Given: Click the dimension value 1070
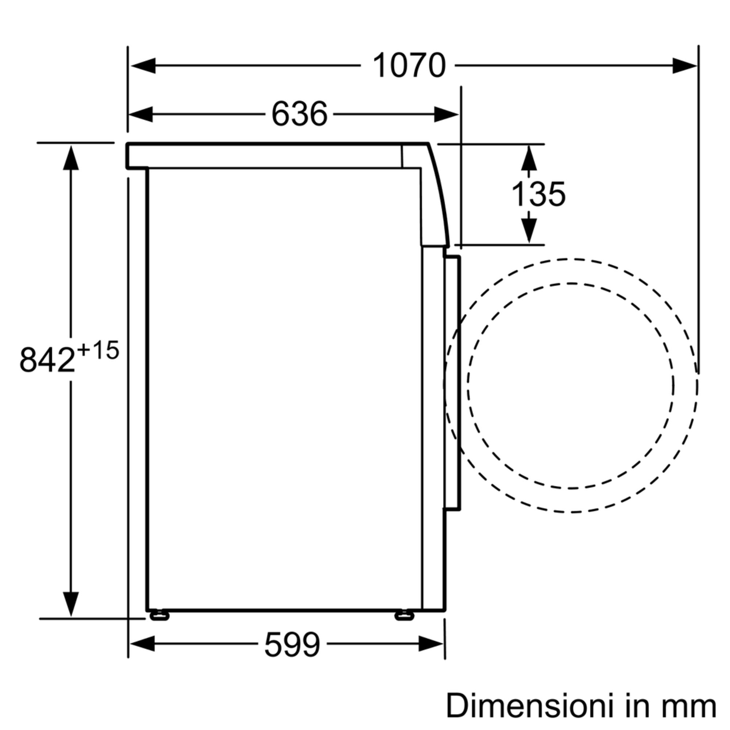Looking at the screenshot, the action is (409, 66).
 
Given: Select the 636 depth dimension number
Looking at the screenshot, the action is (299, 114).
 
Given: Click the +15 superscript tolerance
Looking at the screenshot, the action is (98, 350).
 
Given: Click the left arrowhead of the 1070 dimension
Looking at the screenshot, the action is (143, 66).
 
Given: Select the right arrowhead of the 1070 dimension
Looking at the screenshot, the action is (685, 66).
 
